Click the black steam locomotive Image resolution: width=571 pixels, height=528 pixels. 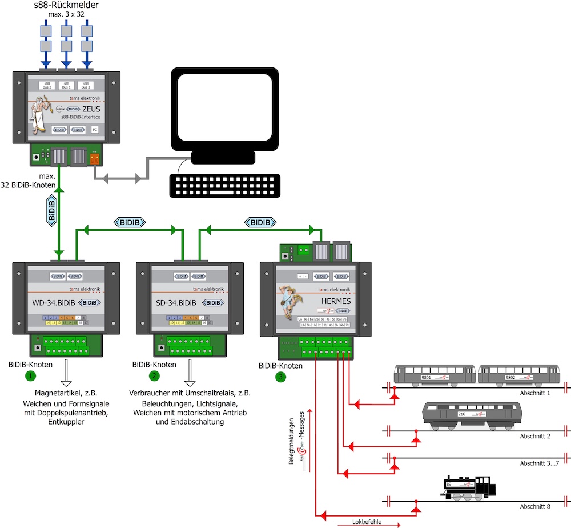coord(468,487)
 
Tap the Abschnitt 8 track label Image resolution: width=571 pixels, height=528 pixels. coord(536,506)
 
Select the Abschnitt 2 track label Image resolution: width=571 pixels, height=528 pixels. coord(536,436)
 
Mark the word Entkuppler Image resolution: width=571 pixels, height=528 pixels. coord(66,422)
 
